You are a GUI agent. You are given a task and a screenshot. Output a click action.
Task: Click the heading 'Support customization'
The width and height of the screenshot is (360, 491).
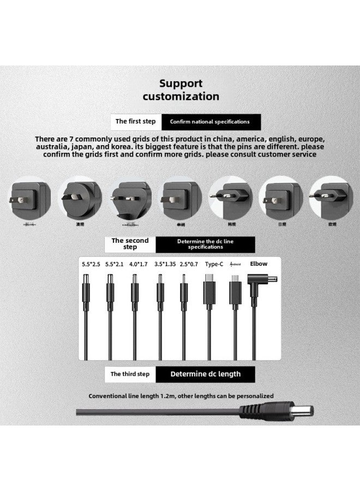(x=181, y=90)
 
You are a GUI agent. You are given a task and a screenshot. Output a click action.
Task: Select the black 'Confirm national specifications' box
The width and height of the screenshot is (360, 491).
(x=209, y=122)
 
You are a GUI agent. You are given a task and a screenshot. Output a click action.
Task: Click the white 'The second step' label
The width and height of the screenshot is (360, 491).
(x=130, y=244)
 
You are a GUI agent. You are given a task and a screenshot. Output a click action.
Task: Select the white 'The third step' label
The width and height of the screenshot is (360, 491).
(x=130, y=374)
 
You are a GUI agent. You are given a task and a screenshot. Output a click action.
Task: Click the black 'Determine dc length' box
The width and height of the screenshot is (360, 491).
(x=205, y=374)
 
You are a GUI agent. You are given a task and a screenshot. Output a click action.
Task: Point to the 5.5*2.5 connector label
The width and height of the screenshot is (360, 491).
(x=91, y=264)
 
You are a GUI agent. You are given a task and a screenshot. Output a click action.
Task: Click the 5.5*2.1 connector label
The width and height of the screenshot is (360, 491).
(x=115, y=264)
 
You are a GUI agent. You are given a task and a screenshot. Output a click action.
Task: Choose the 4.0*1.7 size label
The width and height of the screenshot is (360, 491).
(x=137, y=264)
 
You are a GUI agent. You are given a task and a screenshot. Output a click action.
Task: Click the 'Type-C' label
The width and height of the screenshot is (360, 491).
(x=214, y=264)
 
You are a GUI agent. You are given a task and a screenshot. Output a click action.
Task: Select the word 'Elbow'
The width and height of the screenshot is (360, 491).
(x=259, y=264)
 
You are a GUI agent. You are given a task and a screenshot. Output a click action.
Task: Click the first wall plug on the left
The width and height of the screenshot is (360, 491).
(x=30, y=200)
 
